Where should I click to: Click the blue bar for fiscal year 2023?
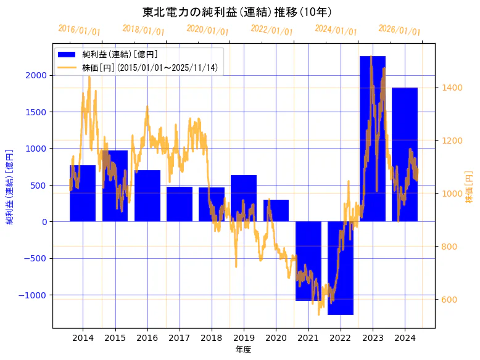(x=372, y=139)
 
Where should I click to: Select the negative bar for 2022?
(x=340, y=268)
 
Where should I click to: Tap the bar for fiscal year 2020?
(x=276, y=210)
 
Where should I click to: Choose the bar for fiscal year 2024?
(x=405, y=154)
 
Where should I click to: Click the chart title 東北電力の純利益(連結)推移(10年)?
(x=237, y=12)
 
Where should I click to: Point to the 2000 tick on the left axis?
(x=36, y=75)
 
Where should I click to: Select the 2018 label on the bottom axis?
(x=212, y=338)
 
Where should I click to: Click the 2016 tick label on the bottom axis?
(x=147, y=338)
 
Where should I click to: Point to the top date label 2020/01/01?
(x=207, y=30)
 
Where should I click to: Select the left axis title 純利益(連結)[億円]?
(x=9, y=186)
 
